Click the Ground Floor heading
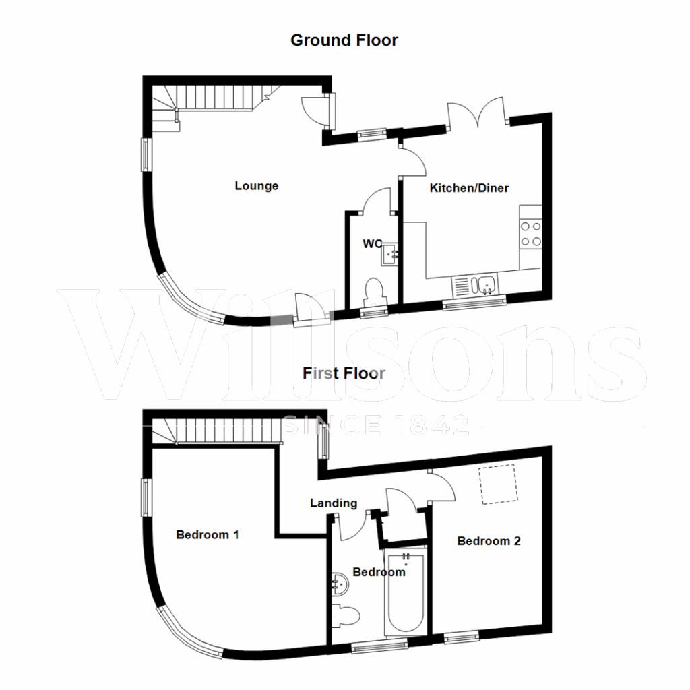point(344,40)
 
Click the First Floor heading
point(344,373)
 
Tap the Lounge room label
point(256,186)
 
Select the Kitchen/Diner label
point(469,188)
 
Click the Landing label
point(334,503)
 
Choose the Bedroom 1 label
point(208,535)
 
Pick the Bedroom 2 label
point(489,541)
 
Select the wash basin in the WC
point(389,255)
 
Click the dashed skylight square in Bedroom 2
point(498,486)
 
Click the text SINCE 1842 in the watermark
point(375,425)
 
